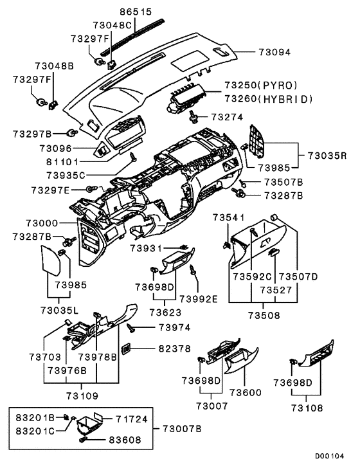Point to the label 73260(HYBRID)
[268, 98]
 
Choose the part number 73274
[226, 116]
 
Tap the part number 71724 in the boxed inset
[132, 419]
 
